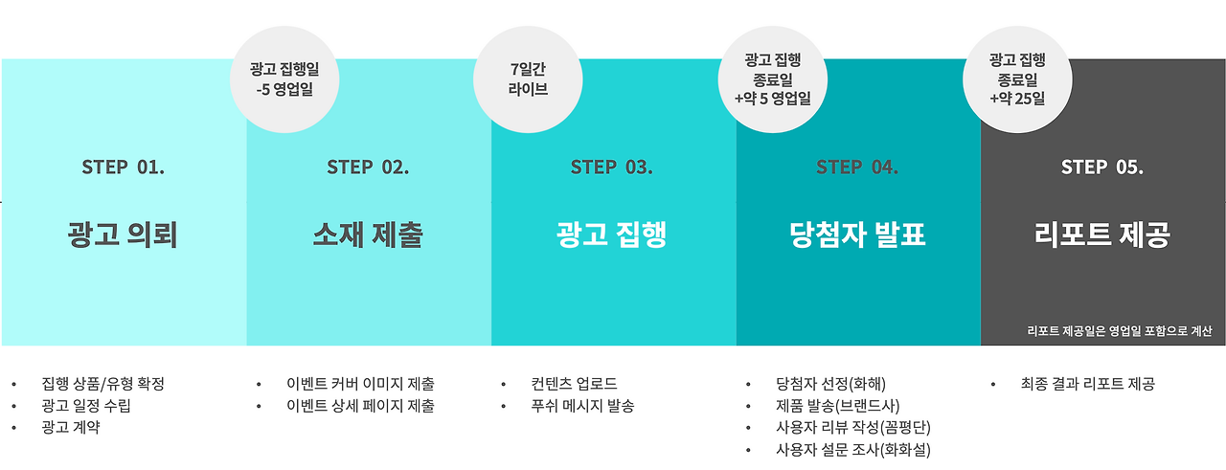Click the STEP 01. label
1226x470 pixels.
pyautogui.click(x=123, y=167)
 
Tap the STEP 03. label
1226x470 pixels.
pyautogui.click(x=612, y=167)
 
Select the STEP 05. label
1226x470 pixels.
pyautogui.click(x=1101, y=167)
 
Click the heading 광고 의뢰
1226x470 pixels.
pyautogui.click(x=123, y=235)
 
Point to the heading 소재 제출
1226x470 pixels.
pyautogui.click(x=368, y=235)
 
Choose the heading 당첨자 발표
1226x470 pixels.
pyautogui.click(x=857, y=235)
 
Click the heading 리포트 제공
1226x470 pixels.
pyautogui.click(x=1101, y=235)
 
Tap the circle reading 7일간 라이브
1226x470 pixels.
pyautogui.click(x=529, y=79)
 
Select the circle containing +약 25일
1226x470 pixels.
pyautogui.click(x=1017, y=79)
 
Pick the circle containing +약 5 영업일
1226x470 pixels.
pyautogui.click(x=772, y=79)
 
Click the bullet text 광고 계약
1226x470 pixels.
pyautogui.click(x=72, y=428)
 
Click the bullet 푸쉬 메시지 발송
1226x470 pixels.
pyautogui.click(x=582, y=406)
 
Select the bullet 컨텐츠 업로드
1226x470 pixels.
pyautogui.click(x=575, y=384)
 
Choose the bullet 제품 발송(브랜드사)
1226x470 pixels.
pyautogui.click(x=838, y=406)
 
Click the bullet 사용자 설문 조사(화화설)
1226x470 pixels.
pyautogui.click(x=853, y=450)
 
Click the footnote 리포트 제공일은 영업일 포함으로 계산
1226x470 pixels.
pyautogui.click(x=1119, y=331)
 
